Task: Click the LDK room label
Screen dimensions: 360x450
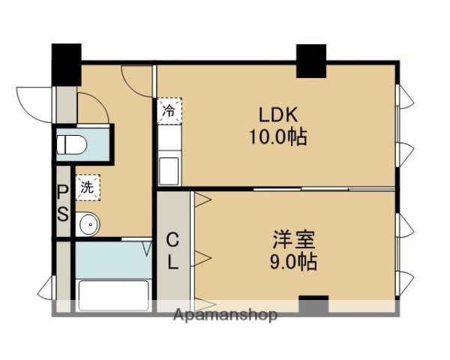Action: click(279, 115)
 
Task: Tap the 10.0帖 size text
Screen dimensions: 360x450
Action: click(279, 138)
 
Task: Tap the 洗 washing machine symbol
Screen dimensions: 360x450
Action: click(88, 186)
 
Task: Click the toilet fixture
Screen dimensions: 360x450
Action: click(75, 142)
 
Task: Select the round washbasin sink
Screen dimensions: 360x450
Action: click(88, 223)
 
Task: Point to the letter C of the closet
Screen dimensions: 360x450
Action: click(172, 241)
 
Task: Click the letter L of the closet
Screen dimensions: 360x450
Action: click(172, 262)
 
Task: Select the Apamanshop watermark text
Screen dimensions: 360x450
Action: click(225, 315)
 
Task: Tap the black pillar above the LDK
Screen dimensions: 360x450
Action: click(310, 60)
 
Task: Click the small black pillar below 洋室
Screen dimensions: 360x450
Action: click(313, 304)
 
